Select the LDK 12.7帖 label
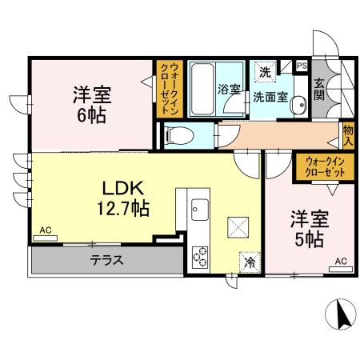click(x=123, y=197)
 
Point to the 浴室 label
click(x=230, y=89)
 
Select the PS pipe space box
click(x=302, y=66)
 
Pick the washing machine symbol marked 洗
click(x=265, y=71)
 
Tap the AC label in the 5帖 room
click(x=340, y=261)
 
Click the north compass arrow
click(x=343, y=314)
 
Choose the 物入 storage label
click(x=348, y=135)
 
